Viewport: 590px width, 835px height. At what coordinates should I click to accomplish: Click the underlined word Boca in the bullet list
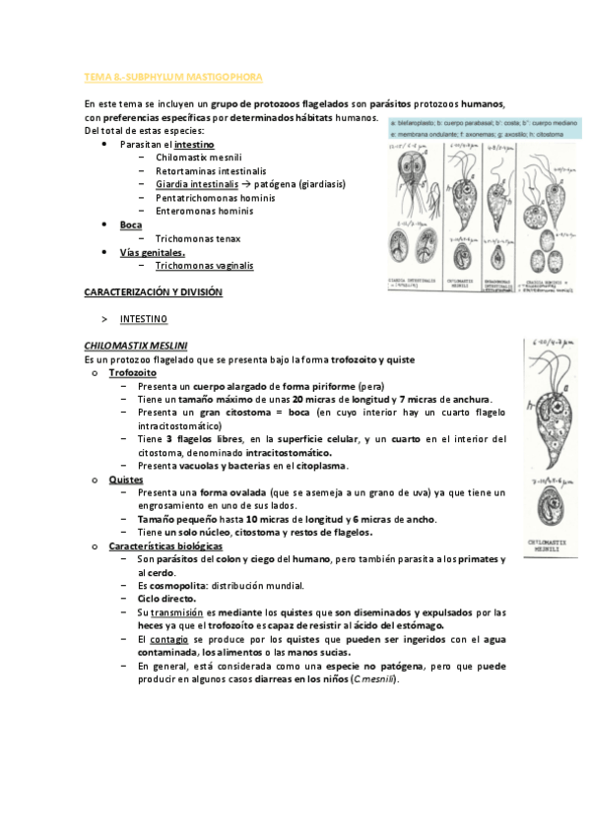pos(131,225)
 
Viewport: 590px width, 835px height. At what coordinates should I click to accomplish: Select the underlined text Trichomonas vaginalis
pos(204,266)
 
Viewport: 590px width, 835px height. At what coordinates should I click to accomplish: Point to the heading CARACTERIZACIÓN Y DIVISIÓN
pos(154,292)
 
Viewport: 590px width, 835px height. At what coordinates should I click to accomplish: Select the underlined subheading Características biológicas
pos(165,546)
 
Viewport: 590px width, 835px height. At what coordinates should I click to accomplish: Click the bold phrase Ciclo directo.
pos(166,599)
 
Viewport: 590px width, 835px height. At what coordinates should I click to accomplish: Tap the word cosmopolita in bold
pos(177,585)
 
